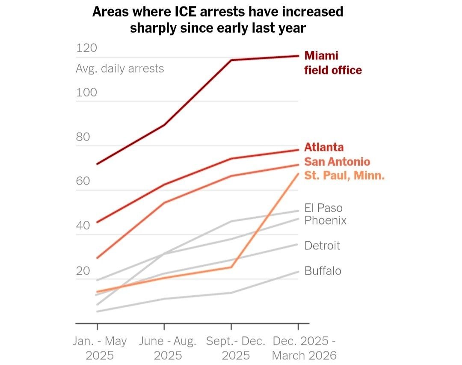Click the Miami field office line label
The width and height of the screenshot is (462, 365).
333,63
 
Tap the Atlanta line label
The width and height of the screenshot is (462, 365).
324,147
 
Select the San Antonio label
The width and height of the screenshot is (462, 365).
337,161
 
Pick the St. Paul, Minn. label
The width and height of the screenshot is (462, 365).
344,175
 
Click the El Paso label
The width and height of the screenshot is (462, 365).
323,208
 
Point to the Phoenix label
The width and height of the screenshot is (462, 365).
325,220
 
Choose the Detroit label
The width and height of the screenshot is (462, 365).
322,246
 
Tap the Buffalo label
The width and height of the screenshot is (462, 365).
323,271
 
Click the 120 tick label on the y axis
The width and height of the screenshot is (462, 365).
86,48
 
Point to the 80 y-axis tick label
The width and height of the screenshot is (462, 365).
83,137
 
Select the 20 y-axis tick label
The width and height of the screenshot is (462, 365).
83,271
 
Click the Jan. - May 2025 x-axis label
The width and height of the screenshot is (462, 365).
100,348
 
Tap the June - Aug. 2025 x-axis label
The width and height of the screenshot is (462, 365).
168,348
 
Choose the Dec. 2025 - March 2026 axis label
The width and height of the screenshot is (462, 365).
304,348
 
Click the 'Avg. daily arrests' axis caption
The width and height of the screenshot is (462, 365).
120,68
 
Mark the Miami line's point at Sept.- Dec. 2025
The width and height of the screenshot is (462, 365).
231,60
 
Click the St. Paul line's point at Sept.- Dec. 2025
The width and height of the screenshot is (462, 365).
231,267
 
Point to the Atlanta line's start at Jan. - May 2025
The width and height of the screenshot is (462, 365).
97,223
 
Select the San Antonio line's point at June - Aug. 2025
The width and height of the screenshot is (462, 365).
164,203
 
